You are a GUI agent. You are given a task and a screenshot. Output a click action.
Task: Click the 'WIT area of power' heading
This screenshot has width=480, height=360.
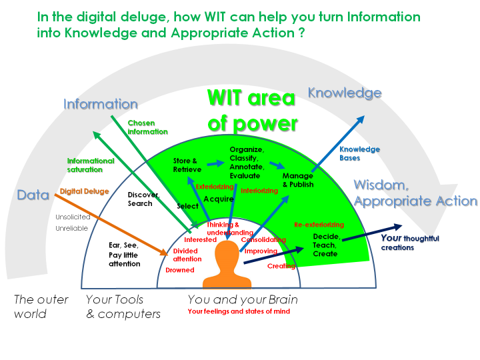251,110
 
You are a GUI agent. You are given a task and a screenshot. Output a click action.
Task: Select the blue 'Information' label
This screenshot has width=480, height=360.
101,104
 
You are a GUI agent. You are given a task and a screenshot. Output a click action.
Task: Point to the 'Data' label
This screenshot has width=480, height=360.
33,195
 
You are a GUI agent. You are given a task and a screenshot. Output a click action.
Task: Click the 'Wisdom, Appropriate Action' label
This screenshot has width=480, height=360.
415,193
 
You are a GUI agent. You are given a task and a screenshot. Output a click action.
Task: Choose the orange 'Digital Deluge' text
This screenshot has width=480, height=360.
85,191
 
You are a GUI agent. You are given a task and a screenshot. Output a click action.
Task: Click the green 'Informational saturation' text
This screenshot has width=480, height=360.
91,165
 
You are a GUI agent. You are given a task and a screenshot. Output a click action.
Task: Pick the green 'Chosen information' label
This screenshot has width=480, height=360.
147,127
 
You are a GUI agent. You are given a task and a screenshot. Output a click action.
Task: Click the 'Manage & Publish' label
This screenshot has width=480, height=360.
298,180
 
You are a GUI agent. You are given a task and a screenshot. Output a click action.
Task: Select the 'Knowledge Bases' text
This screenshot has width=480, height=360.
359,153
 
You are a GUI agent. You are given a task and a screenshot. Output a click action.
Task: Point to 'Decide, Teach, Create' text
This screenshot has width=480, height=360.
325,245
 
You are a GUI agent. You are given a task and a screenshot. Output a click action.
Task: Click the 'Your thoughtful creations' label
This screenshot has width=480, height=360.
407,242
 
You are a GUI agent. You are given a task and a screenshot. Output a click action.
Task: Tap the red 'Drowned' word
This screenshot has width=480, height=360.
180,270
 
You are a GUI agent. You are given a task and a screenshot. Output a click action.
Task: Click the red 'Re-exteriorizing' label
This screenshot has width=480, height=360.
319,225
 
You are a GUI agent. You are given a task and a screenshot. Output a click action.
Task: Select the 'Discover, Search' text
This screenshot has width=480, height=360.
144,199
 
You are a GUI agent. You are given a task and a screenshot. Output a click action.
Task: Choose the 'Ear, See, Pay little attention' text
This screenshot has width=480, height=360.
125,254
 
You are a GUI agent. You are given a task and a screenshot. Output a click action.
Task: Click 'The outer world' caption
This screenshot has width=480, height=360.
41,306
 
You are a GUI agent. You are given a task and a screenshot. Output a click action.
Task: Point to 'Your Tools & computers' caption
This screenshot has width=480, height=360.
123,306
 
